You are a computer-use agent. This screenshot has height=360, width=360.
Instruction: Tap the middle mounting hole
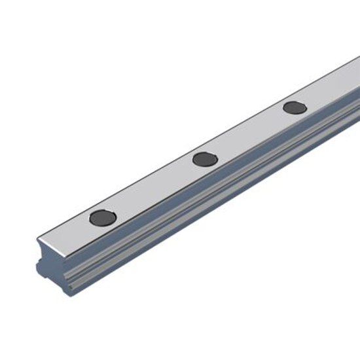point(206,158)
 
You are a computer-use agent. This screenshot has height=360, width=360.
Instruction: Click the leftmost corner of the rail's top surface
point(38,237)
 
